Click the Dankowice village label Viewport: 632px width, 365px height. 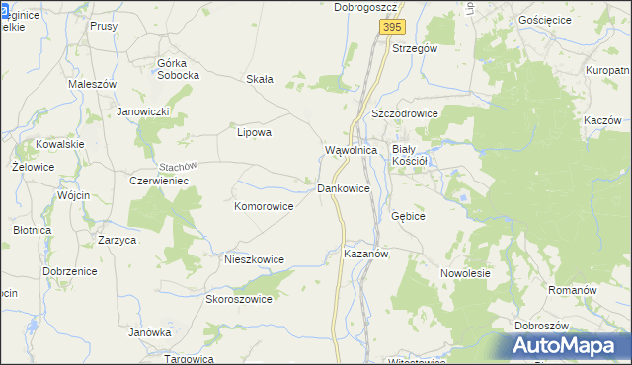point(344,187)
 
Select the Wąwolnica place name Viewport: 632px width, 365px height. point(352,150)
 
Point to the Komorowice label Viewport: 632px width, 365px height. point(264,207)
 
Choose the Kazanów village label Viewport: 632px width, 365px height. point(369,254)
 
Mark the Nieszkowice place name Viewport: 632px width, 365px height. point(254,259)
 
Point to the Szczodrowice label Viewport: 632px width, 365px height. point(405,114)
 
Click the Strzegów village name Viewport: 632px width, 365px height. point(415,47)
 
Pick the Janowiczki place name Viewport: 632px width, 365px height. point(144,111)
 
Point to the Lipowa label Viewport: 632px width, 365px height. point(254,131)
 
